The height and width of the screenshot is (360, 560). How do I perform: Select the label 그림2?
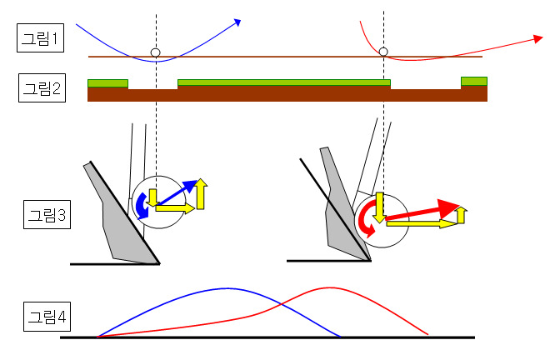tap(39, 87)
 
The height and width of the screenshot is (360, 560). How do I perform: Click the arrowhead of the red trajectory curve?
tap(538, 38)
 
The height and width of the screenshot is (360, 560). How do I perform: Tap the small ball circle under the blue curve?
tap(155, 53)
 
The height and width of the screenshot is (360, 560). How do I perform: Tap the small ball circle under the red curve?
tap(383, 52)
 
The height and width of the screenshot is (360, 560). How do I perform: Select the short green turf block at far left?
tap(107, 82)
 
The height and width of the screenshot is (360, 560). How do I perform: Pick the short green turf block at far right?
tap(473, 81)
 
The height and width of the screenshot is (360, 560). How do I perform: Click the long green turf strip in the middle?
tap(283, 82)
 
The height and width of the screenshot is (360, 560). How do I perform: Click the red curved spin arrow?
tap(364, 221)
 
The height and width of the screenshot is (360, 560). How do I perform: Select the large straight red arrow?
tap(425, 212)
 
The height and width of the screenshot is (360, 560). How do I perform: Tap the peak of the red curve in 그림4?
tap(325, 287)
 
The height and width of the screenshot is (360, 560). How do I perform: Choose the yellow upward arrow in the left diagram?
tap(201, 193)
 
